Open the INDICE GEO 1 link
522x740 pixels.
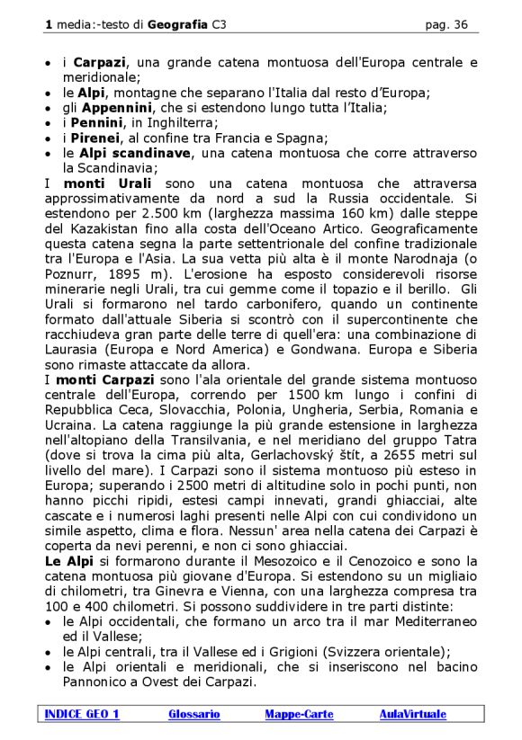[82, 714]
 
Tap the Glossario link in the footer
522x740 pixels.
[193, 714]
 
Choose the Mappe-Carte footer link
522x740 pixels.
[299, 714]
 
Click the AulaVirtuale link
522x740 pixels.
[412, 714]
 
